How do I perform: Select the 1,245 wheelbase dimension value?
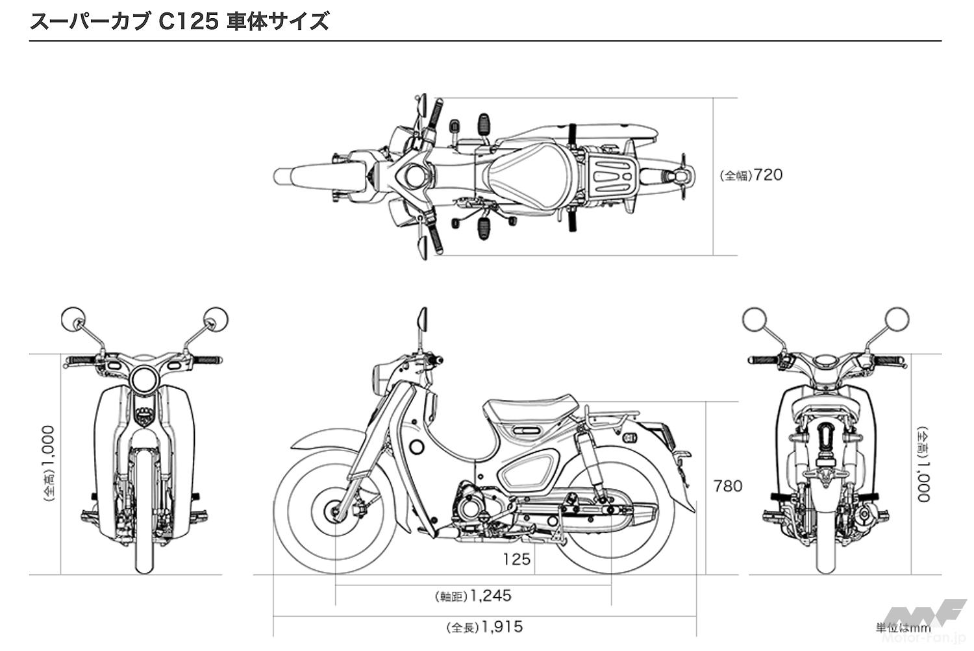491,595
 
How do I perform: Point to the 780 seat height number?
727,485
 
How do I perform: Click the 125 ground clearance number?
516,559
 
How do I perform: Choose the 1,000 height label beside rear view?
923,464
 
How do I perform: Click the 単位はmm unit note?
903,628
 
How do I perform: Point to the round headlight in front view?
144,379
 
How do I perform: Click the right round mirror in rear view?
898,319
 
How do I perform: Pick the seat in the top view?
527,175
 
